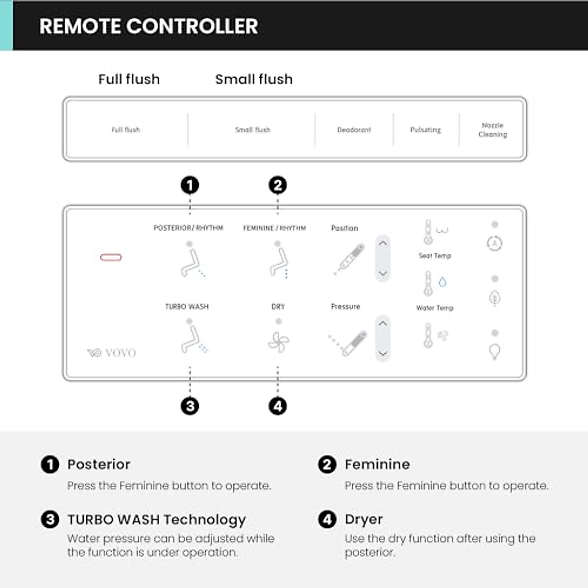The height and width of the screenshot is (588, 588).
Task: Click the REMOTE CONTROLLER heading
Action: (148, 26)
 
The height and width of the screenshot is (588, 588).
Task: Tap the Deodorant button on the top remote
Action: (354, 130)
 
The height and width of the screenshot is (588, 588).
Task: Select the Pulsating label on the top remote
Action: (425, 130)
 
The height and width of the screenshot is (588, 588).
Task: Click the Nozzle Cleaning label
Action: (492, 130)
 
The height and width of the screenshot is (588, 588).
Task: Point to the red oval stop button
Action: (111, 257)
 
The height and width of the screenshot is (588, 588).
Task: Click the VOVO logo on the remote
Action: (112, 352)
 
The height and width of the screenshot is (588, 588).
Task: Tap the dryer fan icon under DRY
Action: (278, 342)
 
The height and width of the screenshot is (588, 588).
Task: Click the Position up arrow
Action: (383, 243)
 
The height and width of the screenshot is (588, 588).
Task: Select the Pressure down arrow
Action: (383, 353)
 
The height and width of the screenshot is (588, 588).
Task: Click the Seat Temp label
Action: (435, 256)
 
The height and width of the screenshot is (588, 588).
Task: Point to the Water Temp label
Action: (435, 308)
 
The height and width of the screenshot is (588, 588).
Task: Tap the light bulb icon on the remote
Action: (495, 351)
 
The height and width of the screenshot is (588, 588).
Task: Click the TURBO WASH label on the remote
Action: (187, 307)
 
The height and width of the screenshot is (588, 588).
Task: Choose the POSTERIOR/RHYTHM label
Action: (188, 228)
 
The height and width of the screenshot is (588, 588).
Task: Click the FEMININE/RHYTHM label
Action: (274, 228)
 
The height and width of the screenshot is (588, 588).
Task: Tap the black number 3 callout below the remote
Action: (190, 406)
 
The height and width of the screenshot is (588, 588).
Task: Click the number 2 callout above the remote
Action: (278, 185)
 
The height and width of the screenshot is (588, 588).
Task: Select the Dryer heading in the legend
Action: (364, 519)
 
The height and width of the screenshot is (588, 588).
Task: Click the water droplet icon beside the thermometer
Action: (442, 282)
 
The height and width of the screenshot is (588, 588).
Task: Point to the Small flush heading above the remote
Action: (254, 79)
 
